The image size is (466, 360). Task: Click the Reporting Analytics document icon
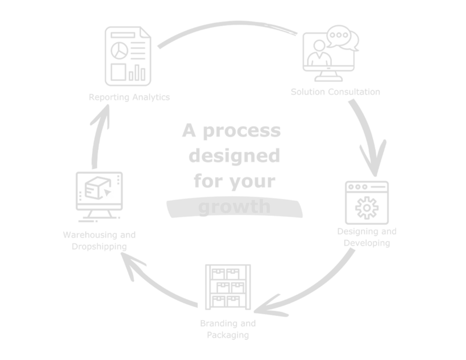click(128, 57)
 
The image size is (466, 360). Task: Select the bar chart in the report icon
click(137, 72)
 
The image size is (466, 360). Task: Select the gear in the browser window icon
click(367, 207)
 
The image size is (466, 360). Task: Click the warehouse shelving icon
click(228, 287)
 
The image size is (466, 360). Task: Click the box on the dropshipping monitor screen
click(94, 188)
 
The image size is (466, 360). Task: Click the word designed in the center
click(234, 157)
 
